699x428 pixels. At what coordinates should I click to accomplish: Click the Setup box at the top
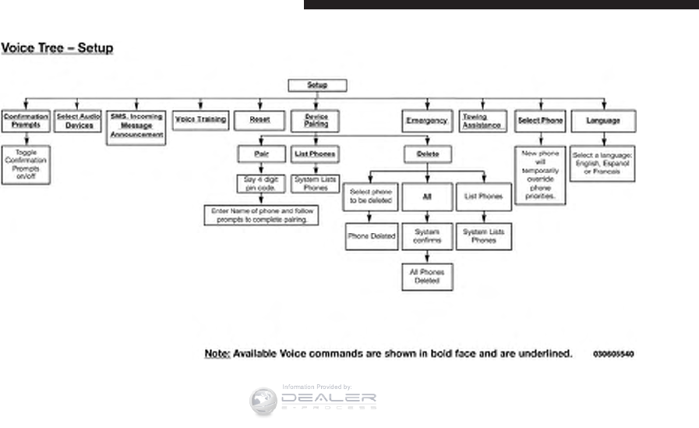click(317, 86)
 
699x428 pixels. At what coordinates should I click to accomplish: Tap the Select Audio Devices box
click(79, 121)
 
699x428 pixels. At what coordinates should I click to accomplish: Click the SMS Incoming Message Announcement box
click(136, 126)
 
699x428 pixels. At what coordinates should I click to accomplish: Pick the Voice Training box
click(201, 120)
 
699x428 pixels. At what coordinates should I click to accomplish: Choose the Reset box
click(259, 120)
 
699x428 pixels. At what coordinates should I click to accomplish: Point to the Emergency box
click(427, 121)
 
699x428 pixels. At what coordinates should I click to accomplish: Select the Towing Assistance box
click(482, 121)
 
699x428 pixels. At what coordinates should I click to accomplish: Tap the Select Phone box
click(541, 121)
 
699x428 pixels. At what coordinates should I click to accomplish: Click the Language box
click(603, 121)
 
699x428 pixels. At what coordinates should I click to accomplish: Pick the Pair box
click(259, 154)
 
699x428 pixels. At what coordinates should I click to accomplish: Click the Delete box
click(427, 154)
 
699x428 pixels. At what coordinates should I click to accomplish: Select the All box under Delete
click(427, 197)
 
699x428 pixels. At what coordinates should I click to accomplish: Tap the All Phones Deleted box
click(427, 277)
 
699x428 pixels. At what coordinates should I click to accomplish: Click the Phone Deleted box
click(371, 236)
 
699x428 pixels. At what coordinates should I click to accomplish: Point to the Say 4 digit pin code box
click(259, 183)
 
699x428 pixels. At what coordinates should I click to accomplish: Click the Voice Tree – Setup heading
click(57, 48)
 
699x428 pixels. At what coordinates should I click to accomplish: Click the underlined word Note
click(217, 353)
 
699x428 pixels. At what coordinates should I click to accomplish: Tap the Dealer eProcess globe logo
click(263, 401)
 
